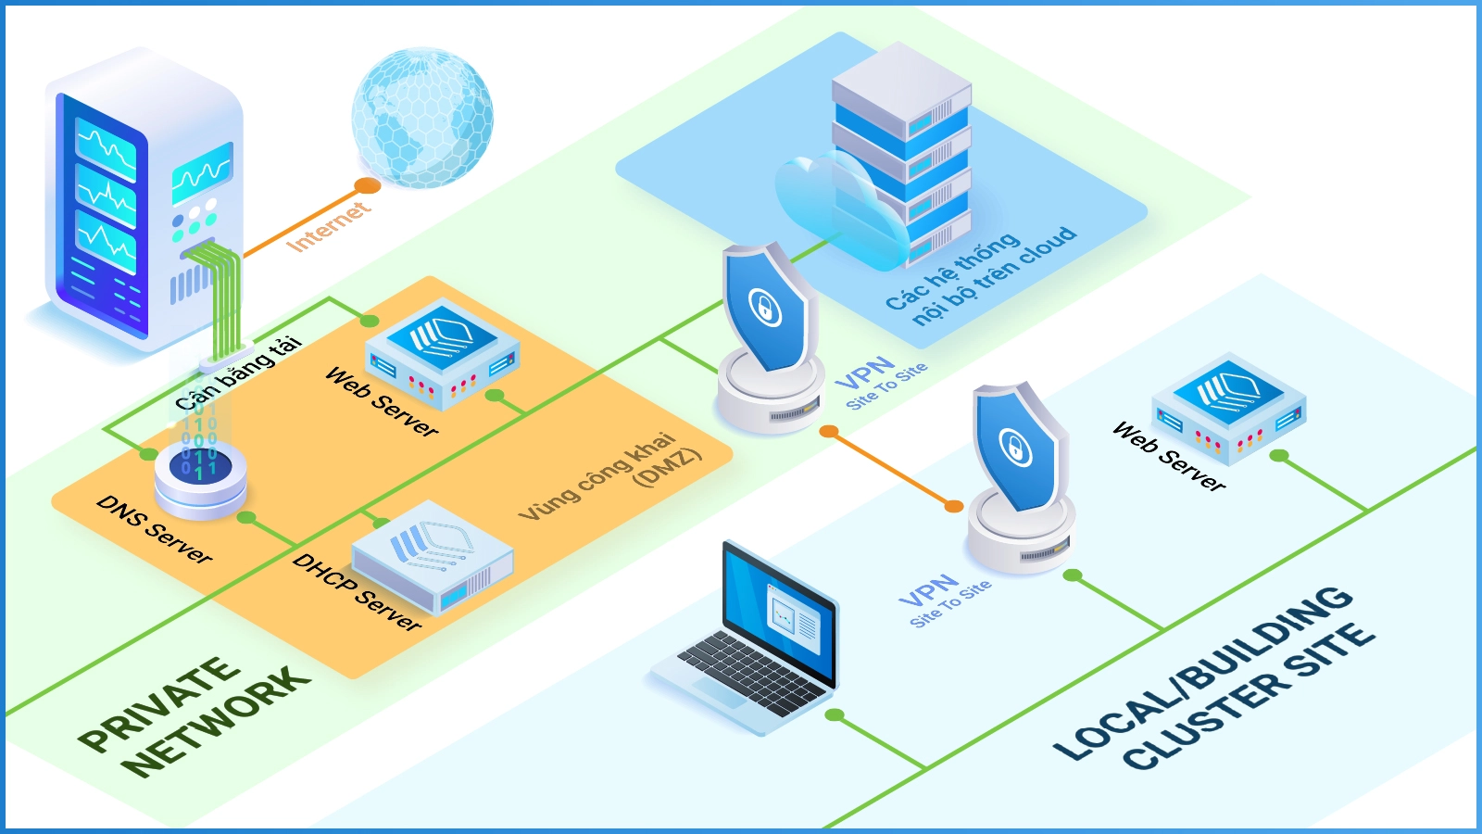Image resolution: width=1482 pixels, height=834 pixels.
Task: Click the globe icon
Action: pos(422,117)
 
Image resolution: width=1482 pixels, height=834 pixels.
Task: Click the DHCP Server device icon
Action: pos(433,556)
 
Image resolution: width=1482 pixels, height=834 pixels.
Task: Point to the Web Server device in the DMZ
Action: pos(443,352)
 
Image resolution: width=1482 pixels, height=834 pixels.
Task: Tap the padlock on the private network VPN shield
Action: pos(765,308)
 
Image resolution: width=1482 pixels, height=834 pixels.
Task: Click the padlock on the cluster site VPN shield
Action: pos(1016,449)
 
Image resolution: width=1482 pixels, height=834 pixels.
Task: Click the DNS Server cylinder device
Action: pos(200,474)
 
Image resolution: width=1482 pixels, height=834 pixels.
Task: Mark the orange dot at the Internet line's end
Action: pos(368,185)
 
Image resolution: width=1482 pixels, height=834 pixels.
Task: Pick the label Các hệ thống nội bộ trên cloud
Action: pos(982,276)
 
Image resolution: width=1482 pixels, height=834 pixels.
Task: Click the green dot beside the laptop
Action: pos(835,715)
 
